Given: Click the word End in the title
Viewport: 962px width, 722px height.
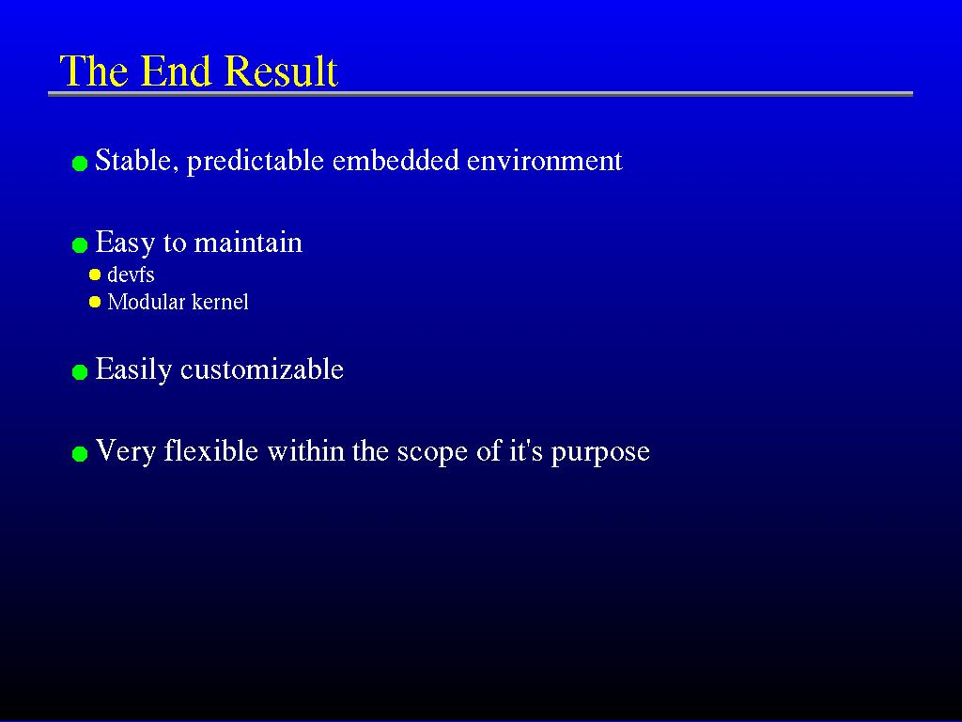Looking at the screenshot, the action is pos(178,71).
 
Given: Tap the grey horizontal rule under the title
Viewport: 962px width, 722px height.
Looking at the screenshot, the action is pos(480,94).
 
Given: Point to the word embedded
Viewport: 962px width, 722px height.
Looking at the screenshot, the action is pos(396,160).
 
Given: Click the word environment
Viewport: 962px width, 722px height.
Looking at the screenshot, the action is pos(545,161).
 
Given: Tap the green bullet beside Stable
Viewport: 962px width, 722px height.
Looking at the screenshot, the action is pos(80,164).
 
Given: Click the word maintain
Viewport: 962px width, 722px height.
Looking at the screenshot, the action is pos(248,243).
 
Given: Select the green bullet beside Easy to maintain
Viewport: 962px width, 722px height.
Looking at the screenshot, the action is pos(80,245).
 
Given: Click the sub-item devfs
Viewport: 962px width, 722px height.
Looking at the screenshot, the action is pos(131,275).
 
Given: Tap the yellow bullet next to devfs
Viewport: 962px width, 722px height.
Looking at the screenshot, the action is pos(95,275).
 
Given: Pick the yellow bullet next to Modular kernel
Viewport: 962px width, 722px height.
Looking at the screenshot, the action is pos(95,302).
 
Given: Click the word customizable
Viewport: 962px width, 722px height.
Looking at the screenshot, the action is pos(262,369).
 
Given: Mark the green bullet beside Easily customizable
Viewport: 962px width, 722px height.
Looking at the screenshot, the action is pos(80,372).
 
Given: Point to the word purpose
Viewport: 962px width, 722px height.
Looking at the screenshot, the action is pos(600,453).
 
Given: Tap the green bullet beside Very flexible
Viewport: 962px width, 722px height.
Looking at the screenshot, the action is pos(80,454).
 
